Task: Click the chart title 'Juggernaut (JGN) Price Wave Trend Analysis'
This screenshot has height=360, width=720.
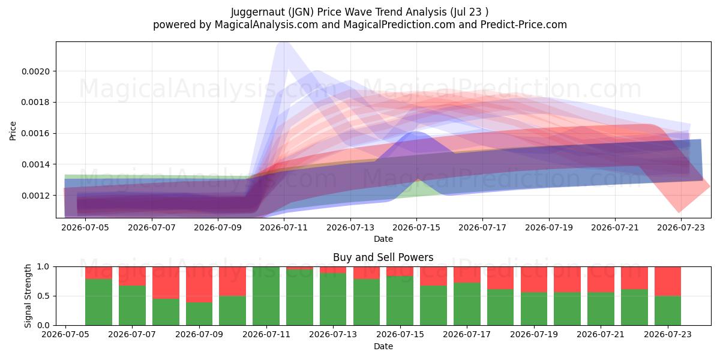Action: pos(338,12)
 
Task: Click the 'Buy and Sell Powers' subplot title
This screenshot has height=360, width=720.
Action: pos(383,257)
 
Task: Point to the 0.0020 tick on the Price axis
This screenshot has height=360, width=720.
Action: pos(35,71)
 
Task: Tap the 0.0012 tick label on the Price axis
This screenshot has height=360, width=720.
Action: pos(35,196)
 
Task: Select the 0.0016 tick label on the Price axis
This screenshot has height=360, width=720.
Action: pos(35,133)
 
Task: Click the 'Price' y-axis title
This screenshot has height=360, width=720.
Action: pos(13,131)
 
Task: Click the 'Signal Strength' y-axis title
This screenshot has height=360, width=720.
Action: pos(28,296)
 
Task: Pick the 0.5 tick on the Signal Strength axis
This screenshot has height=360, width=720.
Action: pos(43,296)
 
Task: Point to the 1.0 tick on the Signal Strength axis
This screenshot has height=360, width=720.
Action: pos(43,266)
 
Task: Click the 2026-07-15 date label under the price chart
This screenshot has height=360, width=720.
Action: pos(416,227)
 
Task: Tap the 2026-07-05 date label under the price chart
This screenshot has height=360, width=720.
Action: pos(85,227)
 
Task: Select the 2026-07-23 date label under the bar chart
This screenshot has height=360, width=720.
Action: pos(668,334)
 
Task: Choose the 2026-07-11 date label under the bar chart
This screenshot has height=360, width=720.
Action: pos(266,334)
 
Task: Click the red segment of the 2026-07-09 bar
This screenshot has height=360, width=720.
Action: pos(199,284)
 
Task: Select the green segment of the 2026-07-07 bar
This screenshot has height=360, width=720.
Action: pos(132,305)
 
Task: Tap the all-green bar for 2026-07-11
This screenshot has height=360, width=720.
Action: pos(266,296)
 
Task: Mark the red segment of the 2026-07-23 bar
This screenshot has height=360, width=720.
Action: pos(668,281)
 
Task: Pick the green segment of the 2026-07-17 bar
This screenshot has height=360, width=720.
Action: pos(467,304)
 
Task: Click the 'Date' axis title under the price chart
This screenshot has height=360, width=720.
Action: pos(383,239)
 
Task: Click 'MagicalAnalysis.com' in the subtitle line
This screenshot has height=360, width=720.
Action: pos(266,25)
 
